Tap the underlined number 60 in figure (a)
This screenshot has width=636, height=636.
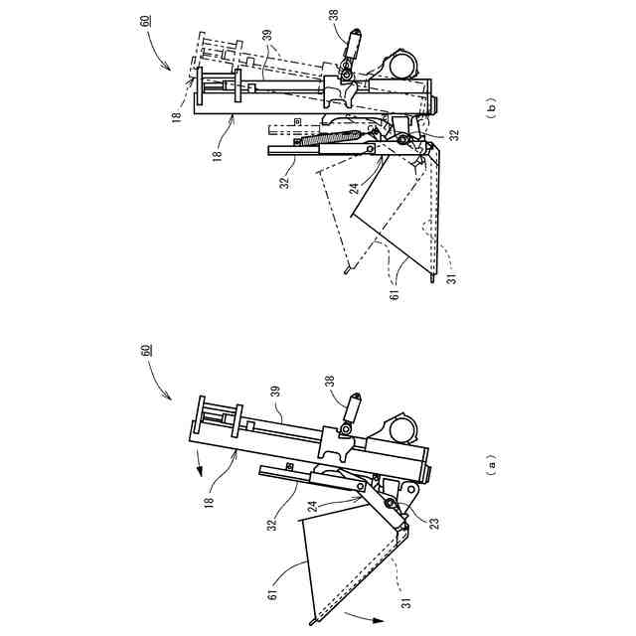click(x=146, y=350)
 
